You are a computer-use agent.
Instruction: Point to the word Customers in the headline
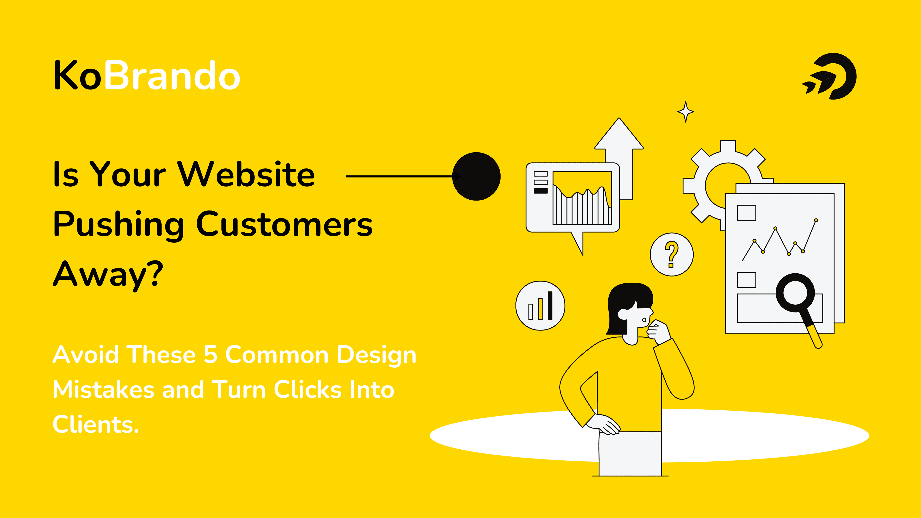click(x=284, y=224)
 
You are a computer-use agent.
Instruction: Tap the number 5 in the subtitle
click(x=211, y=355)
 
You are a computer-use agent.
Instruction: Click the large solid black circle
click(x=477, y=176)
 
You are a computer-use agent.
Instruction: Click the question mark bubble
click(x=672, y=254)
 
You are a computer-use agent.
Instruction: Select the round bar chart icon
click(x=540, y=306)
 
